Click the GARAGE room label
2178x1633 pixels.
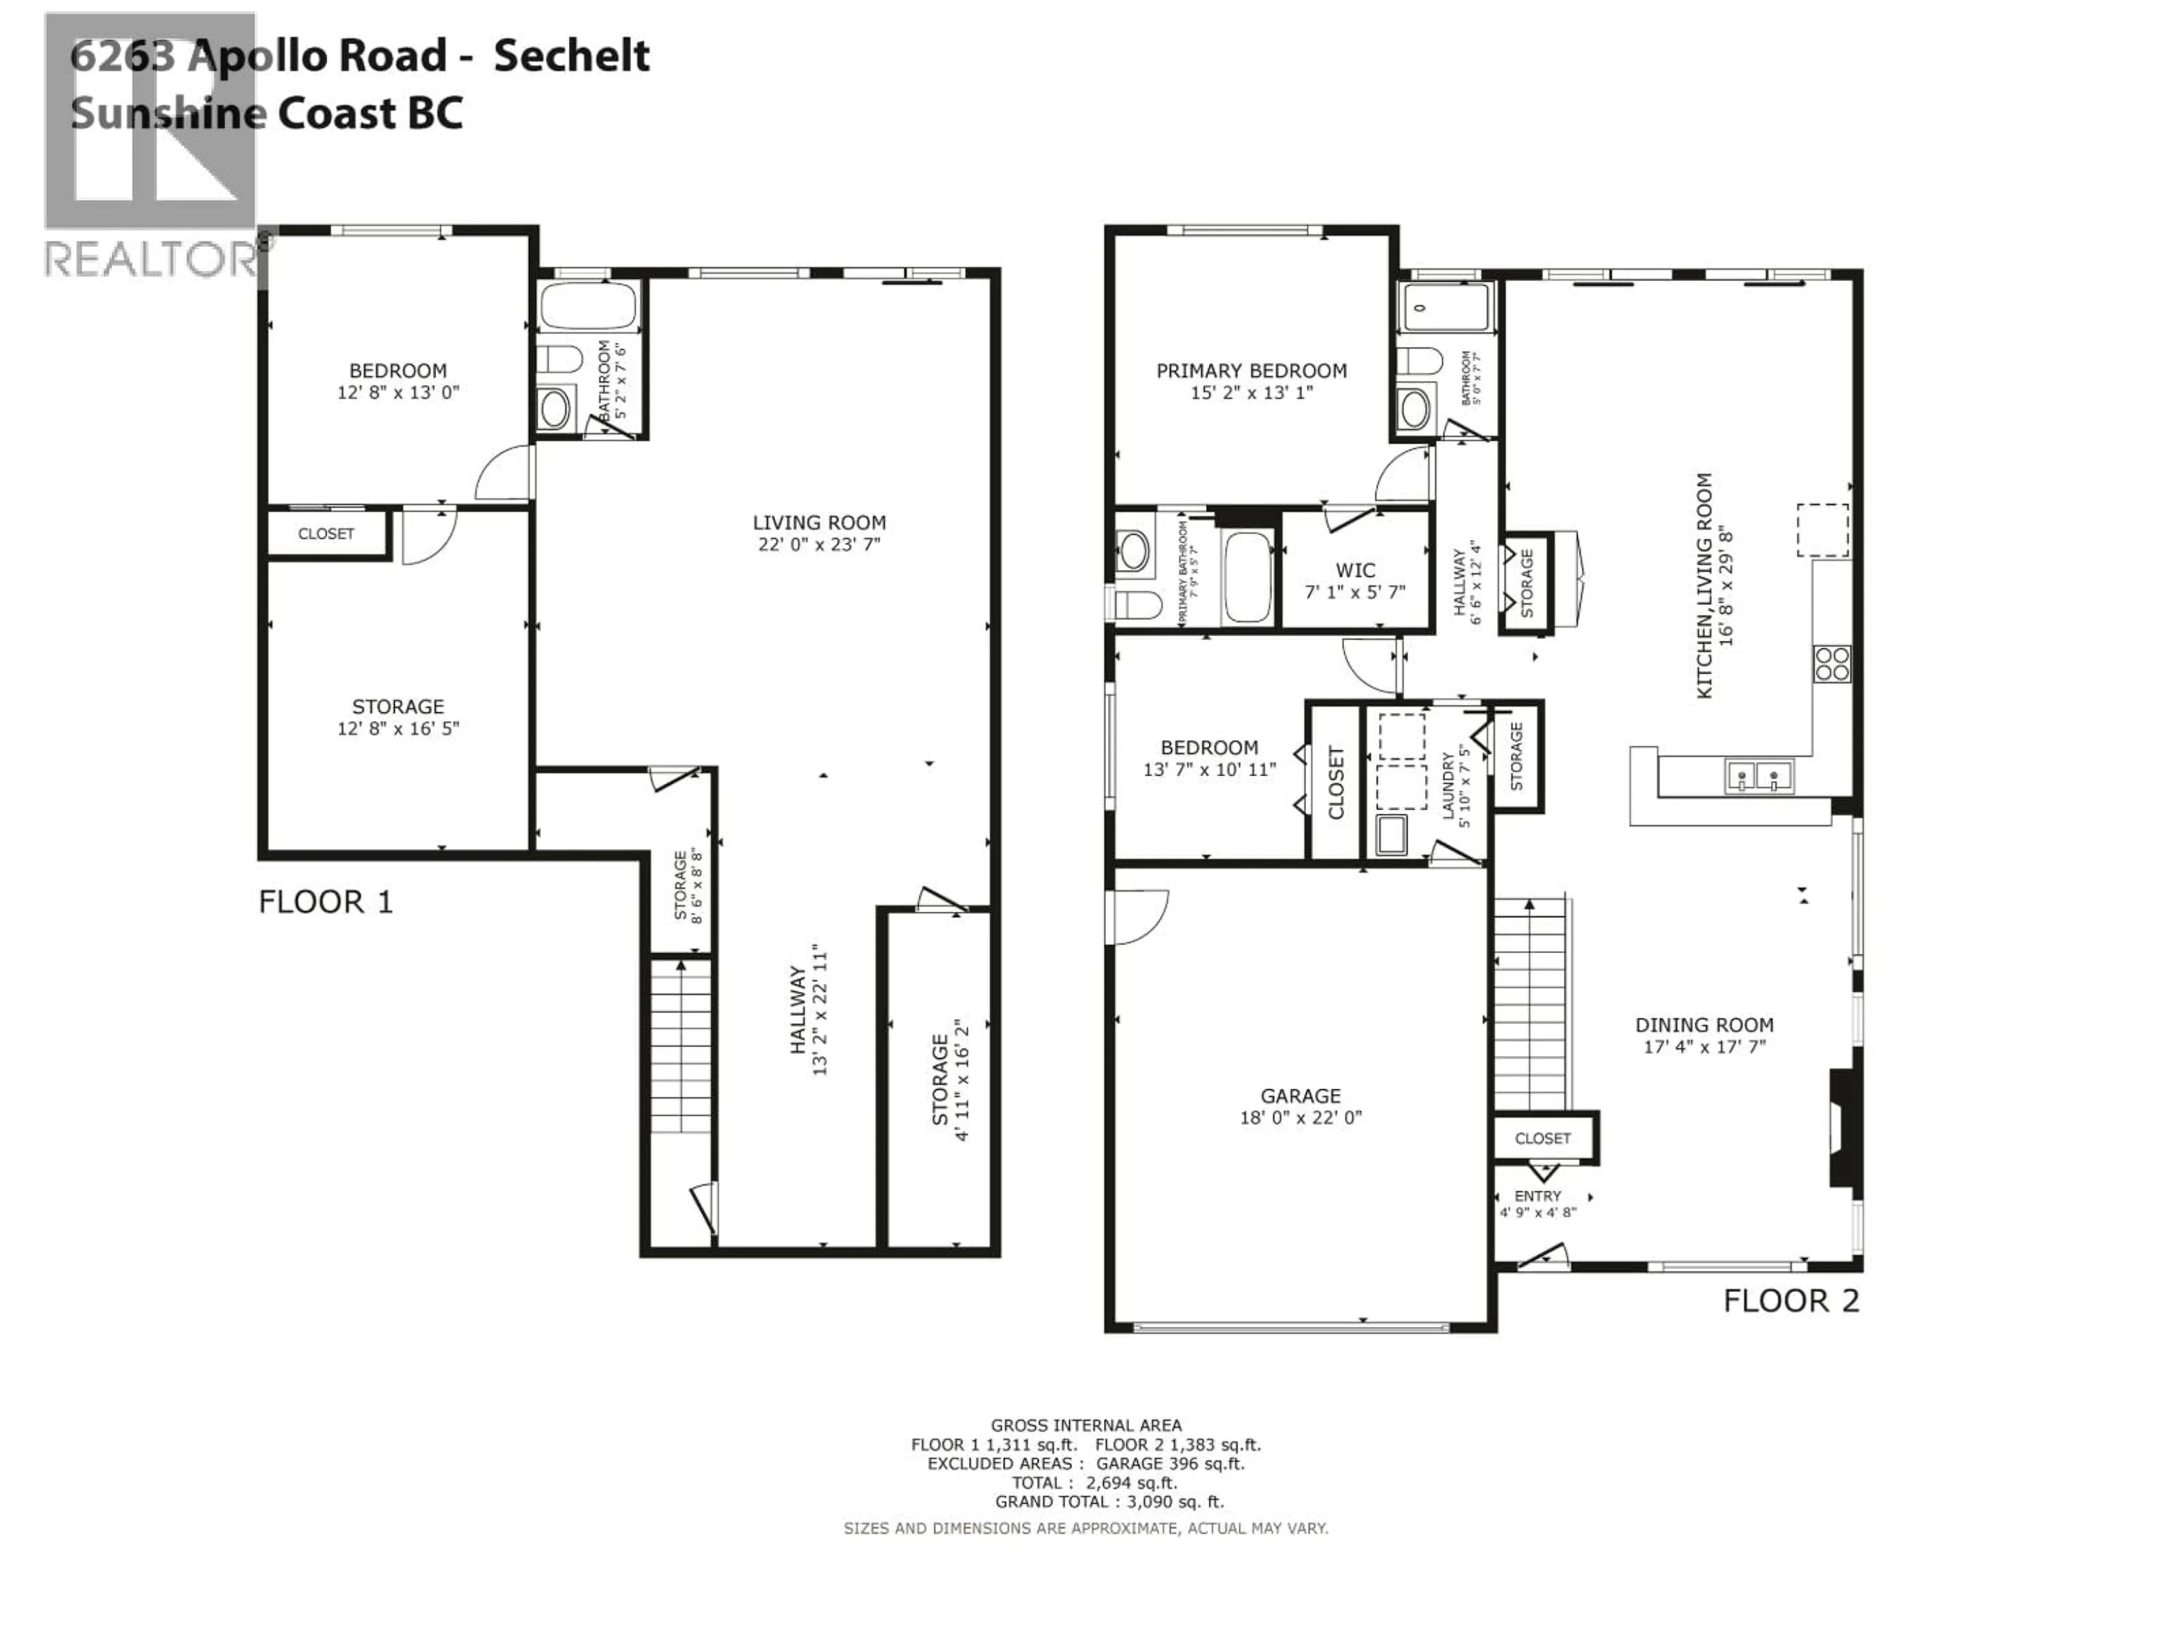[1300, 1095]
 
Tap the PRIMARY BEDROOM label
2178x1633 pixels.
[1251, 371]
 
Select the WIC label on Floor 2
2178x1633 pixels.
[1355, 570]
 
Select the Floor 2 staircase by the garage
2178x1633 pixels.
[1529, 1004]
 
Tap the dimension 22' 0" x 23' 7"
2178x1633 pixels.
[818, 544]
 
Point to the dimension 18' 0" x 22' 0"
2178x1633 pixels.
[1300, 1117]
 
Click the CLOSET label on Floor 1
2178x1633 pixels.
[326, 534]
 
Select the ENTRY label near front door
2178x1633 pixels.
[1537, 1196]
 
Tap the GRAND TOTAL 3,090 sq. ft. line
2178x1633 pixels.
[1109, 1502]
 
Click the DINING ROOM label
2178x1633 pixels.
[1703, 1025]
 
